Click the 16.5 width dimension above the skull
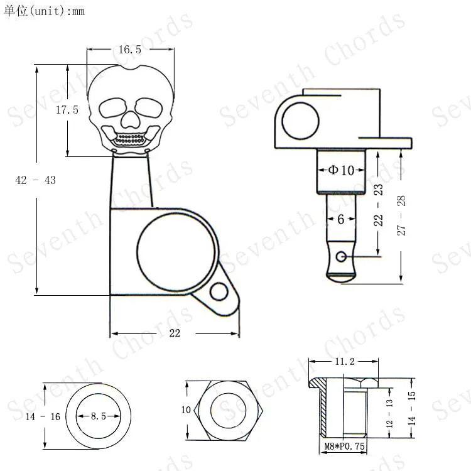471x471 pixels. (x=130, y=50)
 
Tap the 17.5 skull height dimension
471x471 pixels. (x=67, y=110)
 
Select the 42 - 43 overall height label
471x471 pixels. (x=35, y=180)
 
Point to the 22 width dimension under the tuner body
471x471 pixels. (x=175, y=333)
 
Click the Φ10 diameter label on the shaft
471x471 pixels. (x=341, y=170)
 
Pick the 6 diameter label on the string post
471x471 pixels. (x=340, y=219)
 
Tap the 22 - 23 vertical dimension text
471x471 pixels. (x=379, y=205)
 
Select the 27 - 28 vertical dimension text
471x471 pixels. (x=401, y=215)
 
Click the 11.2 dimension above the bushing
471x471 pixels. (x=345, y=361)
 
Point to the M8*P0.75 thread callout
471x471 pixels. (x=345, y=446)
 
